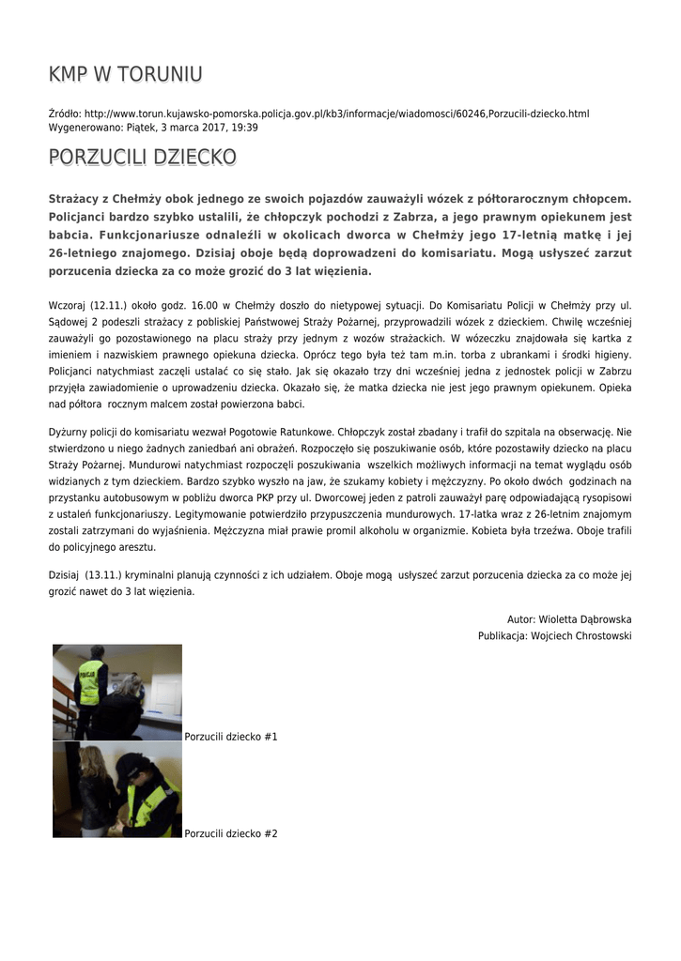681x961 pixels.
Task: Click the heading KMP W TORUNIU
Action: point(125,74)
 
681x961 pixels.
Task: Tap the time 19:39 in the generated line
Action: point(245,127)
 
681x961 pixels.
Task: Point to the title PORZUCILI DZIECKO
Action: point(142,157)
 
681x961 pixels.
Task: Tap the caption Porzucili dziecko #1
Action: point(231,737)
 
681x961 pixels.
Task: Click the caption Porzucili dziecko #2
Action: point(231,833)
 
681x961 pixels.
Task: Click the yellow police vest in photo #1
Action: point(90,683)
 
